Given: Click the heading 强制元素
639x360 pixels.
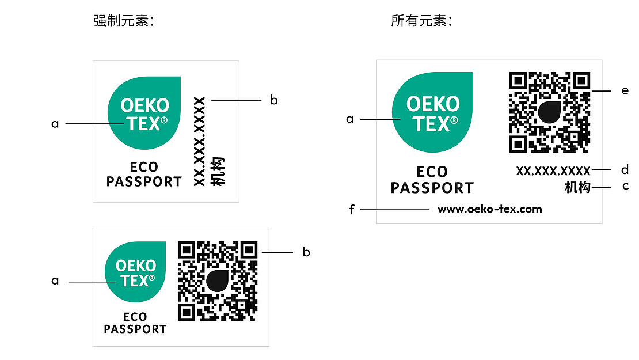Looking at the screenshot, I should [124, 22].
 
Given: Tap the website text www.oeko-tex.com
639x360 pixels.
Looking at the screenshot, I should [489, 209].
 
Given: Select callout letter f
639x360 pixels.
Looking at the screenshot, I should [351, 210].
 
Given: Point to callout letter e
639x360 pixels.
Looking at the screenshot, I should [625, 91].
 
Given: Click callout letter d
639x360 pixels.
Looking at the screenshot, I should [625, 170].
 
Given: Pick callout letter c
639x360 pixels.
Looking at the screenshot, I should [625, 187].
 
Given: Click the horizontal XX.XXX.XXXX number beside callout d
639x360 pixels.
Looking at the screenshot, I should [553, 170].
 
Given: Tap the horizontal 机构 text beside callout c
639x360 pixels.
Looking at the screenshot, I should [577, 187].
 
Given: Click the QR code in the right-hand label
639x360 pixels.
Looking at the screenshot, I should [549, 112].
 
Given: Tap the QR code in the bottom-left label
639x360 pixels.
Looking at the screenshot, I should [217, 281].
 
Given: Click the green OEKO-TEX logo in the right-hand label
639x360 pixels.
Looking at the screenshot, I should [432, 113].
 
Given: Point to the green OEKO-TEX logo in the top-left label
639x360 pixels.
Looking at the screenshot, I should [144, 113].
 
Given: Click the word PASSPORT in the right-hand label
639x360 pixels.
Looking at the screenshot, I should [432, 188].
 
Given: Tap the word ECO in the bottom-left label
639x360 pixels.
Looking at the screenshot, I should [135, 317].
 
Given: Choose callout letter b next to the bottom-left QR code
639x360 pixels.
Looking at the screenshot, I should [306, 252].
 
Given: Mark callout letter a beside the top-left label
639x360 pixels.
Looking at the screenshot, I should [55, 123].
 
